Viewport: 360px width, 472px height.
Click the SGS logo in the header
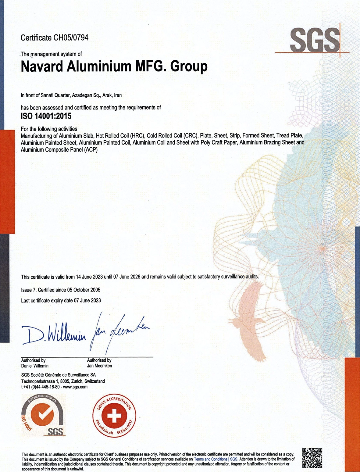click(x=315, y=40)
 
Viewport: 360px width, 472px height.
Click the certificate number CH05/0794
click(x=71, y=38)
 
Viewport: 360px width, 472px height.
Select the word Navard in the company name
click(x=39, y=66)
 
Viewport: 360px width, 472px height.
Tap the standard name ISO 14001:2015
click(x=46, y=116)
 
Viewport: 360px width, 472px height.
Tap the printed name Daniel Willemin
click(x=35, y=366)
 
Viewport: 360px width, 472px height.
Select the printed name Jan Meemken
click(x=99, y=366)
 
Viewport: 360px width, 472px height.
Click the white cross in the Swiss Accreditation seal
click(x=114, y=416)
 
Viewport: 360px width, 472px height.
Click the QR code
click(x=312, y=458)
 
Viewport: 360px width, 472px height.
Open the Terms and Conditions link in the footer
click(x=211, y=459)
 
